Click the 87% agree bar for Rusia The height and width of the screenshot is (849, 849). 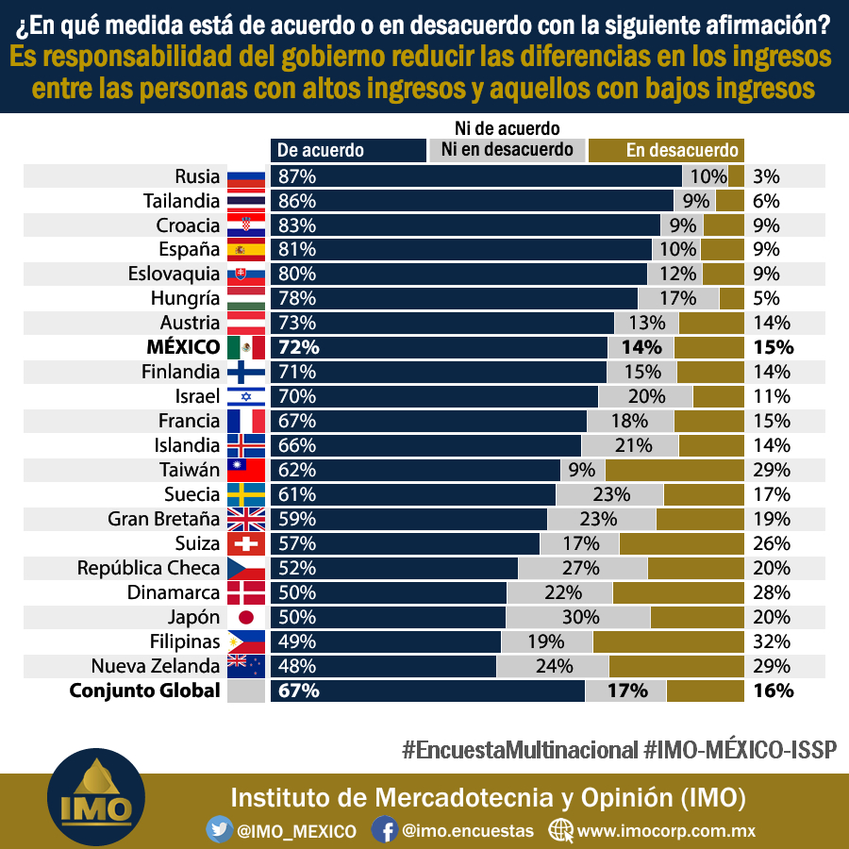coord(476,176)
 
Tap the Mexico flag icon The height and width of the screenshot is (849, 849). coord(246,347)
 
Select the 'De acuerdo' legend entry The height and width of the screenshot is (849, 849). coord(348,150)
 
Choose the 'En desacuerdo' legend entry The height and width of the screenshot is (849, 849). coord(666,150)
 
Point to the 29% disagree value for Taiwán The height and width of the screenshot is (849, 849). coord(771,470)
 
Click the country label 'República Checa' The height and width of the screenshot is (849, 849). coord(148,568)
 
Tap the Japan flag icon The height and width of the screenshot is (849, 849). coord(246,617)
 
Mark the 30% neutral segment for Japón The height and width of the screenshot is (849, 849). coord(577,617)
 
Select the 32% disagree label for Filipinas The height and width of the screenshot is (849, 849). coord(771,641)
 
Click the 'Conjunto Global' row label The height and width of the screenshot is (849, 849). coord(144,691)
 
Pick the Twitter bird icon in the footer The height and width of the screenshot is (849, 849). coord(219,829)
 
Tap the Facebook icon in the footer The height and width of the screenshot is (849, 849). coord(385,829)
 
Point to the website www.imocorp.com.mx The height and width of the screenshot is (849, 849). coord(666,830)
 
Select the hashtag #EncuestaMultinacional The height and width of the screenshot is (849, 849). coord(520,750)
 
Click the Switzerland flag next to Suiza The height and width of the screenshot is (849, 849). coord(246,543)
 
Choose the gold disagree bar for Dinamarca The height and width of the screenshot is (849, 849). coord(678,593)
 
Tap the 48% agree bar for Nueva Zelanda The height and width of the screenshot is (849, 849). coord(383,666)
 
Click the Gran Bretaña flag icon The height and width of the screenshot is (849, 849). coord(246,519)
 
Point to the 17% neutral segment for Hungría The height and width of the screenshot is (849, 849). coord(678,298)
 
